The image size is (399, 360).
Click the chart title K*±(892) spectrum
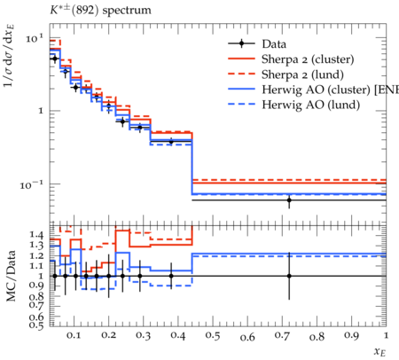[x=100, y=10]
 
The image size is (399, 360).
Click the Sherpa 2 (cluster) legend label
[x=308, y=59]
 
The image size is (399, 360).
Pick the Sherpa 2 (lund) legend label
[x=302, y=74]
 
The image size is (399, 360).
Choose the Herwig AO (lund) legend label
[x=311, y=105]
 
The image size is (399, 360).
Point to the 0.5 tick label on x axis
[x=213, y=336]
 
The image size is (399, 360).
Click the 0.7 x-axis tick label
[x=282, y=336]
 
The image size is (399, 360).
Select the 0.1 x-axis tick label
[x=74, y=336]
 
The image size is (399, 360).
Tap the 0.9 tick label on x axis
[x=351, y=336]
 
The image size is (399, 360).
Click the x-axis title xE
[x=380, y=352]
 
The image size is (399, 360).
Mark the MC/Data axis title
[x=12, y=276]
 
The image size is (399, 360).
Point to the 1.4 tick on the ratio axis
[x=36, y=235]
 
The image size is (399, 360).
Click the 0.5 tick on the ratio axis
[x=36, y=325]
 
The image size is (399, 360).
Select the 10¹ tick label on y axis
[x=35, y=38]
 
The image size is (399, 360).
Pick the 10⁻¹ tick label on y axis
[x=32, y=185]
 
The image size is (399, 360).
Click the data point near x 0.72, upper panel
[x=289, y=200]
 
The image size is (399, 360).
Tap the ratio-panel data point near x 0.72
[x=289, y=276]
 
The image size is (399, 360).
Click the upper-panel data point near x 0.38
[x=171, y=142]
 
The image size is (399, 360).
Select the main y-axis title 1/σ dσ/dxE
[x=10, y=56]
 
